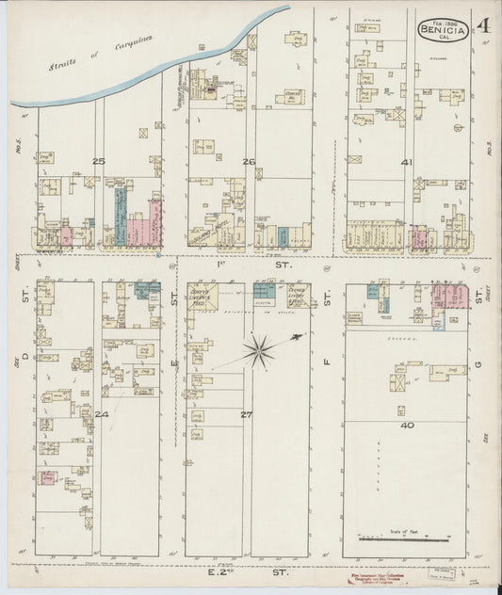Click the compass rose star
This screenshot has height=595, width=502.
pos(256,351)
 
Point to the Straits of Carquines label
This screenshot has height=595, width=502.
pos(92,53)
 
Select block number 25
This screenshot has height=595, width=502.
pos(98,161)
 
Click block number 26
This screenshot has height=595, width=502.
pos(249,161)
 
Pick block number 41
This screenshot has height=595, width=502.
pos(407,162)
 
